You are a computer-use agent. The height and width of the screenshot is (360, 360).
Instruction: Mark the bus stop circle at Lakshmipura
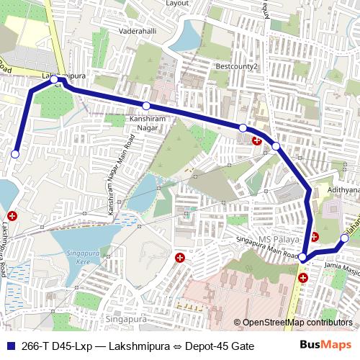click(x=55, y=78)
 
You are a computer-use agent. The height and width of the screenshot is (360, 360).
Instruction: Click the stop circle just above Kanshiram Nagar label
click(x=146, y=106)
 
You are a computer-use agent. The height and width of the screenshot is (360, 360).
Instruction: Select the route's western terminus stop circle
click(x=15, y=153)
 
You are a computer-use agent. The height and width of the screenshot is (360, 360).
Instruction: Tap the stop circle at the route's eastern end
click(x=344, y=238)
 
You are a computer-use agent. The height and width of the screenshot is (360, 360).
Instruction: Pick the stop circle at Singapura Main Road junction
click(x=303, y=257)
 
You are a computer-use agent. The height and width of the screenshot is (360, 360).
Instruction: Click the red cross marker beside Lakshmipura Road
click(x=12, y=215)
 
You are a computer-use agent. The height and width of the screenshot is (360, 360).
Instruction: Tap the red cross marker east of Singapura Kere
click(x=180, y=257)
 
